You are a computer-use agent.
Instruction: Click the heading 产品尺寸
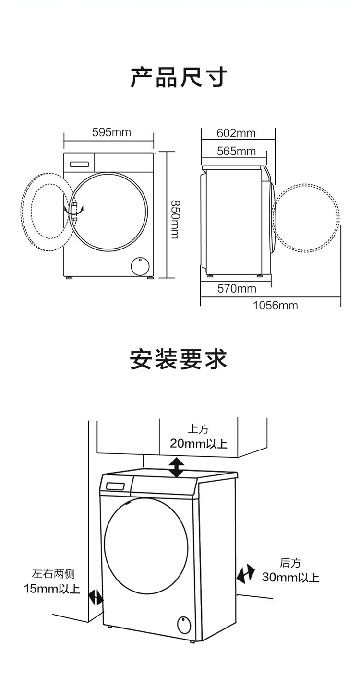pos(179,77)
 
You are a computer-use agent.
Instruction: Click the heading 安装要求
pos(179,359)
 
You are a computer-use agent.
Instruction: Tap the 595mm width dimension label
pos(111,132)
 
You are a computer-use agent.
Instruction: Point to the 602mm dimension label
pos(236,133)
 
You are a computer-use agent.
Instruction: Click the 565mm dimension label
pos(236,151)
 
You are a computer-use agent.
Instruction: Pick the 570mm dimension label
pos(237,289)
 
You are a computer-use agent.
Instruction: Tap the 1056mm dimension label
pos(275,306)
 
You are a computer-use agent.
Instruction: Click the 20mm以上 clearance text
pos(198,443)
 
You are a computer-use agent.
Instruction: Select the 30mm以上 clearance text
pos(290,577)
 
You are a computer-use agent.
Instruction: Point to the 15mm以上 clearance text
pos(52,588)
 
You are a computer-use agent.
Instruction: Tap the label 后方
pos(290,563)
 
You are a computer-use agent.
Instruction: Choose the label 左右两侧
pos(53,573)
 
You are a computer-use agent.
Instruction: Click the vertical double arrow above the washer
pos(177,467)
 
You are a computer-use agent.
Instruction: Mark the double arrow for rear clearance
pos(246,574)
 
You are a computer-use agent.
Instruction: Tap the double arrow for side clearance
pos(96,598)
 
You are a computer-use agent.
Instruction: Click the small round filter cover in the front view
pos(140,265)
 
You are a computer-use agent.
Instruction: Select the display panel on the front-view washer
pos(80,164)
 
